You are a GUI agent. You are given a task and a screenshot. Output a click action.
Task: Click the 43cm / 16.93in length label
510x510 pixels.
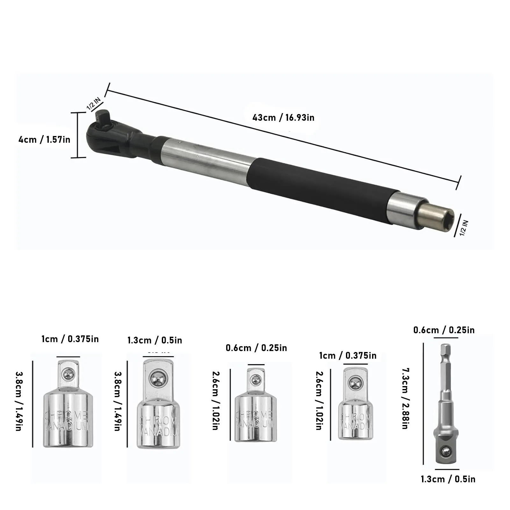click(283, 118)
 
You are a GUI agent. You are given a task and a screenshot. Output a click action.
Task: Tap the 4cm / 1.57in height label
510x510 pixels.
click(44, 140)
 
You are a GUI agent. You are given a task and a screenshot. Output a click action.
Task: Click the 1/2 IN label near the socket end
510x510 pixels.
click(464, 228)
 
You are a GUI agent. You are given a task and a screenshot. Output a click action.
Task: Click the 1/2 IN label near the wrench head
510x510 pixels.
click(94, 104)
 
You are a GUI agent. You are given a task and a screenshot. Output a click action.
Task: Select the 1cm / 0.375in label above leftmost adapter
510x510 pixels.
click(70, 339)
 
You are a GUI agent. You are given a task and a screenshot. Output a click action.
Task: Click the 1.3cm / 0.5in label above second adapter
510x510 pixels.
click(155, 340)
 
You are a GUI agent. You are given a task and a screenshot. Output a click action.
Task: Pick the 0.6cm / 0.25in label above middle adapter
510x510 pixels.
click(256, 348)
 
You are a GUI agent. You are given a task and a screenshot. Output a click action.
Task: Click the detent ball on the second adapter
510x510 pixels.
click(158, 379)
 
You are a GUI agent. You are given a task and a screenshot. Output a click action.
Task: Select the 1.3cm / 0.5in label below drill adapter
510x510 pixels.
click(448, 479)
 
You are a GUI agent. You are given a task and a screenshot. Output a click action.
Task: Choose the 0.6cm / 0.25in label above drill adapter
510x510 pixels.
click(444, 330)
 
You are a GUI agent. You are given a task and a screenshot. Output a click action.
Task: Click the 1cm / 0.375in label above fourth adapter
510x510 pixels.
click(348, 356)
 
